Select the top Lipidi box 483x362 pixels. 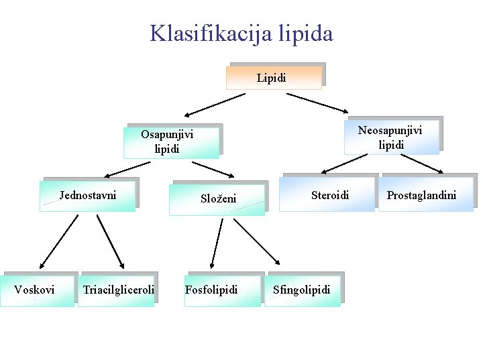point(274,77)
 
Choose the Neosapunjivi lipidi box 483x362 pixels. point(391,137)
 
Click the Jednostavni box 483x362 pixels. point(88,195)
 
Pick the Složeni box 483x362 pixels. point(217,198)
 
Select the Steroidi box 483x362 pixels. point(329,195)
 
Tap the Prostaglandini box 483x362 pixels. point(425,195)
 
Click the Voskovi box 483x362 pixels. point(37,290)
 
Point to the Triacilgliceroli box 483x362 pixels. point(117,290)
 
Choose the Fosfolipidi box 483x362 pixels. point(221,290)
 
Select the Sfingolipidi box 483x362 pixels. point(302,290)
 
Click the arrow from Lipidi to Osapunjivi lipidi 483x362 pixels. point(215,105)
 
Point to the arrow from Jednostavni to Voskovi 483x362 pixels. point(58,241)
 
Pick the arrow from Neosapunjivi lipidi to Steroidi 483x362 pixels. point(344,162)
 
